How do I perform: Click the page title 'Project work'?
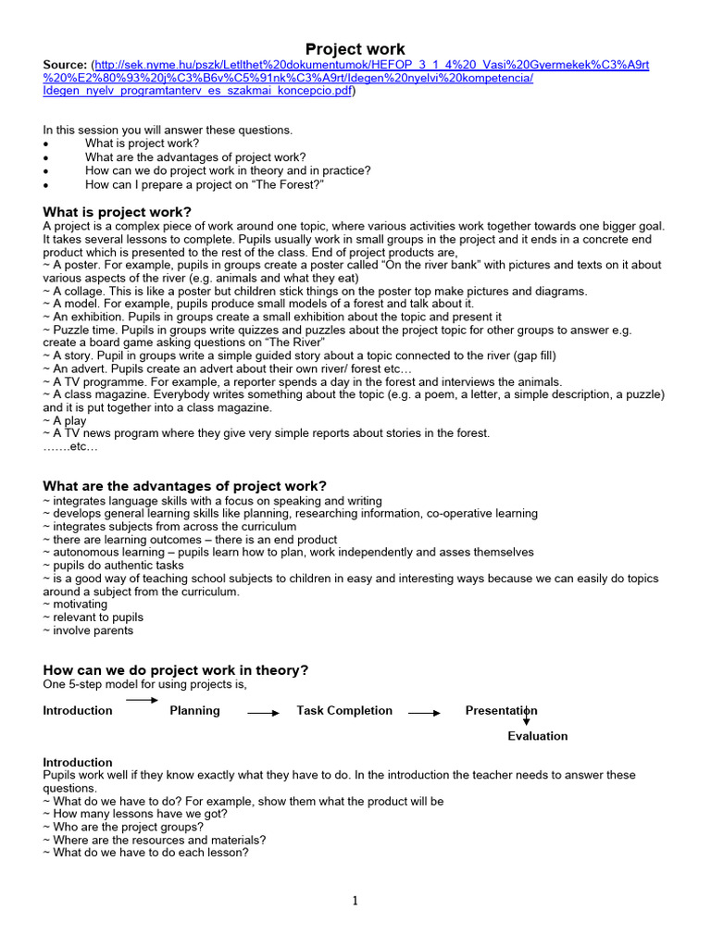(355, 49)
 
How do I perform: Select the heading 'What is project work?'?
(118, 212)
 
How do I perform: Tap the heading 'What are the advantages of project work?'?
(185, 486)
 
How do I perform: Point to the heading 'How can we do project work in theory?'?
(176, 669)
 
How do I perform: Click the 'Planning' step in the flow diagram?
(194, 711)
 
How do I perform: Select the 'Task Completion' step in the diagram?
(344, 711)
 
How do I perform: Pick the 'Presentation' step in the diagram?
(501, 711)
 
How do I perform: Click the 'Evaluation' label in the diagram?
(537, 736)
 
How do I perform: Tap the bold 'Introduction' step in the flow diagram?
(78, 711)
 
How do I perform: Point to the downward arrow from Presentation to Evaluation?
(526, 716)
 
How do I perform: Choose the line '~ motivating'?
(75, 604)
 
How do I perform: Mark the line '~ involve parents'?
(88, 630)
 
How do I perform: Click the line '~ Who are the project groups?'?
(123, 827)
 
